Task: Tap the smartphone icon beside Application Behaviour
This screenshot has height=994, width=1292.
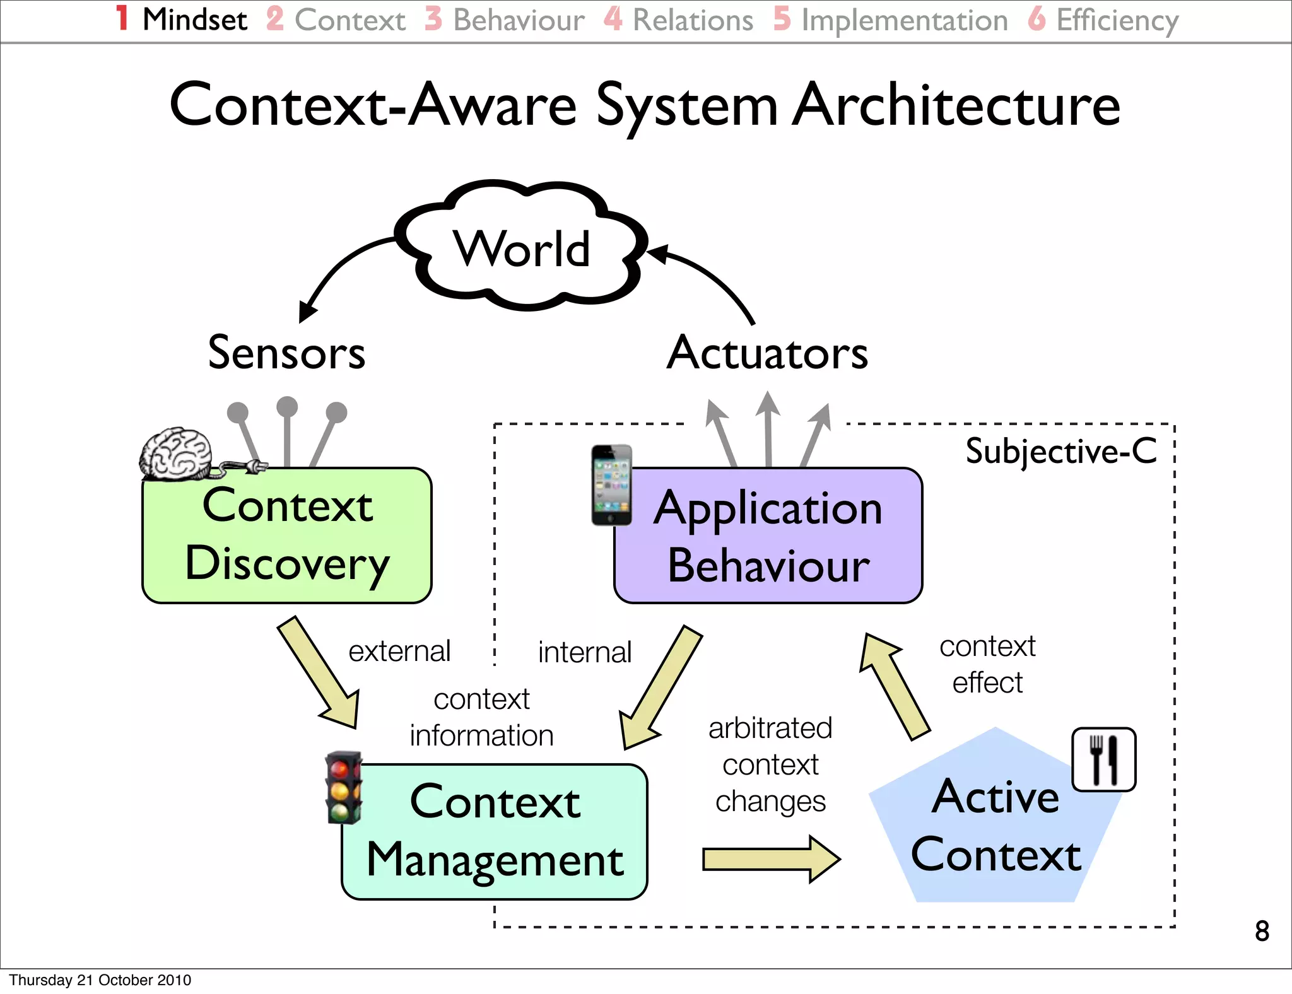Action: tap(611, 485)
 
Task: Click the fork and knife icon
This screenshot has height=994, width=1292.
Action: tap(1104, 759)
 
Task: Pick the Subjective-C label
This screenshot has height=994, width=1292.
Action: tap(1061, 452)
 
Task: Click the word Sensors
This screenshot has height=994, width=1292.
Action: tap(287, 353)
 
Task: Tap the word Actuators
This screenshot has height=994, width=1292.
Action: tap(767, 353)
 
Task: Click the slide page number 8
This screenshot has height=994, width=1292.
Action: tap(1262, 931)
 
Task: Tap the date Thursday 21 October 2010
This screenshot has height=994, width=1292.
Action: tap(100, 980)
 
